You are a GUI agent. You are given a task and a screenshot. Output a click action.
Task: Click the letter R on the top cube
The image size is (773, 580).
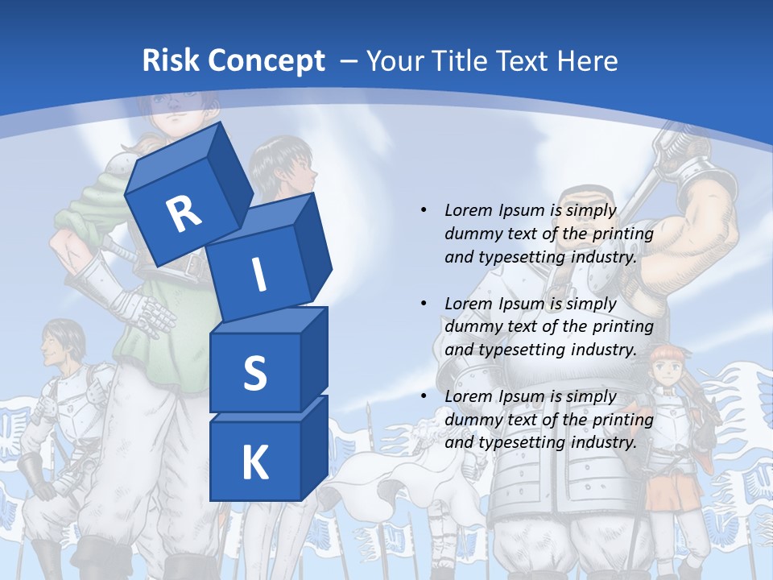(x=184, y=213)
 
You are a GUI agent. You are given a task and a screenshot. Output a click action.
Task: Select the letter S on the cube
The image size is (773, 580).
(x=254, y=374)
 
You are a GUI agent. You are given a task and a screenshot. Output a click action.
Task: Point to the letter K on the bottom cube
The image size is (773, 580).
(x=254, y=463)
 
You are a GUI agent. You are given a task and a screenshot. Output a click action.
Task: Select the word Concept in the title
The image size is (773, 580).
(x=270, y=61)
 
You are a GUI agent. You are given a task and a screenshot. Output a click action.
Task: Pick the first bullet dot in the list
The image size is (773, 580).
(x=424, y=210)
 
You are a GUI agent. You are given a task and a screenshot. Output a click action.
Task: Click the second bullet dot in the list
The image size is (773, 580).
(x=424, y=304)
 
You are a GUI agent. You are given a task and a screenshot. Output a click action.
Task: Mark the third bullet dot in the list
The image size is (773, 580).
(x=424, y=396)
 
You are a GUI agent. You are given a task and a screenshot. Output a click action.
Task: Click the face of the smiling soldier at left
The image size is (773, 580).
(x=58, y=345)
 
